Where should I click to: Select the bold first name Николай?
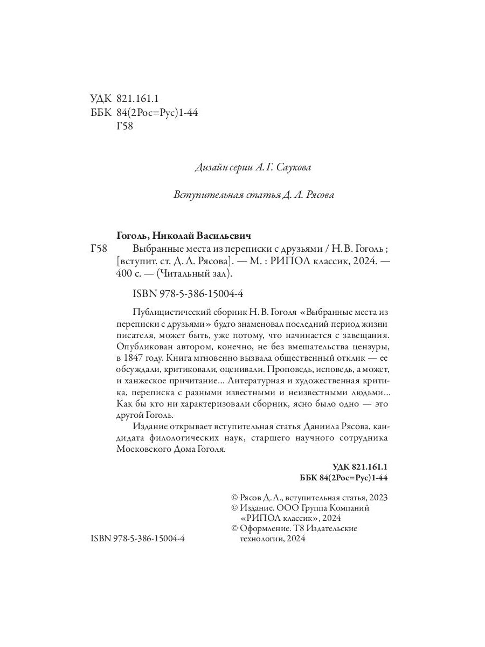(176, 236)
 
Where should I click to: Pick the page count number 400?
(124, 273)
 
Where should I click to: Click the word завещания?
(365, 335)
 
